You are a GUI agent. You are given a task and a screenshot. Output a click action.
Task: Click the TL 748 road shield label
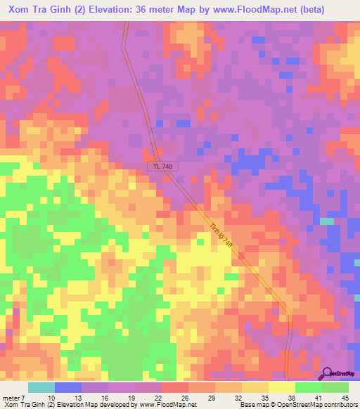(163, 167)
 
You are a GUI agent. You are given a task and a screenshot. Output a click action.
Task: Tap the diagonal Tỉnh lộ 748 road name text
(220, 235)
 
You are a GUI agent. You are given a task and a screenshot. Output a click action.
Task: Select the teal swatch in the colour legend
(41, 387)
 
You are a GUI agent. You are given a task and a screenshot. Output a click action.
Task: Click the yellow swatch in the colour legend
(282, 387)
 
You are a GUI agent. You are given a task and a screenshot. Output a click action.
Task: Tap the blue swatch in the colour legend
(68, 387)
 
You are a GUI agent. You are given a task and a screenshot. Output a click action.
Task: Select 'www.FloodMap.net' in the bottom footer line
(167, 405)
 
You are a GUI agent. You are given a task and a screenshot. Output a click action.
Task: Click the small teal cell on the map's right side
(327, 221)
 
